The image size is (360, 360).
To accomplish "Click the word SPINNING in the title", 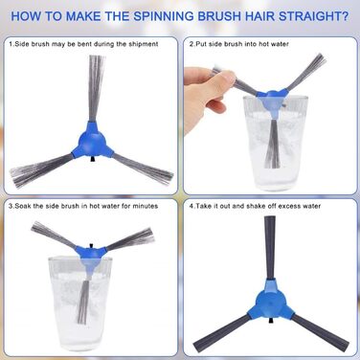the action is [x=164, y=16].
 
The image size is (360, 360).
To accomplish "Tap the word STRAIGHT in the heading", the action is [x=314, y=16].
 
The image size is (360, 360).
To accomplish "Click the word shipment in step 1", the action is [x=144, y=44].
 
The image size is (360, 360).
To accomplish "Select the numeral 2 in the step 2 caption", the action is [x=191, y=44].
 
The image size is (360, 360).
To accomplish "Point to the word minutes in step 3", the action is [x=146, y=206].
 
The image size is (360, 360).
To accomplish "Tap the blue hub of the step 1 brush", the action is [x=93, y=141].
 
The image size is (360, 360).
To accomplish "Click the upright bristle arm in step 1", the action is [x=97, y=88].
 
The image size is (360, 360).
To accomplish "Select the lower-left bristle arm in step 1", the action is [x=41, y=170].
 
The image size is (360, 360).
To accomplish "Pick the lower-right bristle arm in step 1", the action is [x=143, y=169].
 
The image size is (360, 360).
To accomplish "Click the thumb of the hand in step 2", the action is [x=223, y=79].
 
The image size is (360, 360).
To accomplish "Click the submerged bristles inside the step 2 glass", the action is [x=272, y=144].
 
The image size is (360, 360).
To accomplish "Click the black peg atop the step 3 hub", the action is [x=92, y=245].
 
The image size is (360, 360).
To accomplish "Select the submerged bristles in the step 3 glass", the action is [x=85, y=299].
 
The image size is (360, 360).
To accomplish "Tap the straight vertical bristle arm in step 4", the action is [x=270, y=248].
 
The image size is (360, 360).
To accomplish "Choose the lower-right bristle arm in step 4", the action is [x=320, y=333].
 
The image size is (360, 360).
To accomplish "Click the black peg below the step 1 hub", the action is [x=93, y=159].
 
